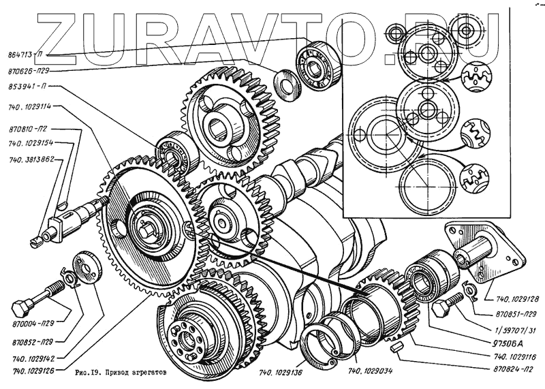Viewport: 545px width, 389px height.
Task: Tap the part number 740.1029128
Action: coord(512,298)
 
